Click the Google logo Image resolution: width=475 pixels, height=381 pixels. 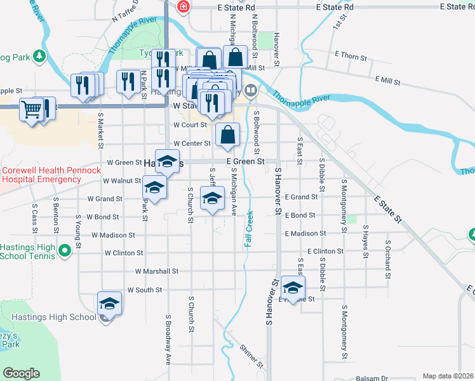click(x=21, y=373)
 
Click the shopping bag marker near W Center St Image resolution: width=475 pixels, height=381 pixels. click(x=228, y=135)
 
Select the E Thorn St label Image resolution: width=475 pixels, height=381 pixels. click(x=350, y=57)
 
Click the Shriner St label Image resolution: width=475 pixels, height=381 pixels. click(x=251, y=356)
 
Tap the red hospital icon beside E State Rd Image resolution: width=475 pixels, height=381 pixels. click(x=184, y=6)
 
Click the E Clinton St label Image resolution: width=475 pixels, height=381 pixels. click(x=325, y=251)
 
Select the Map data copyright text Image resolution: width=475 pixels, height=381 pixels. click(x=447, y=376)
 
